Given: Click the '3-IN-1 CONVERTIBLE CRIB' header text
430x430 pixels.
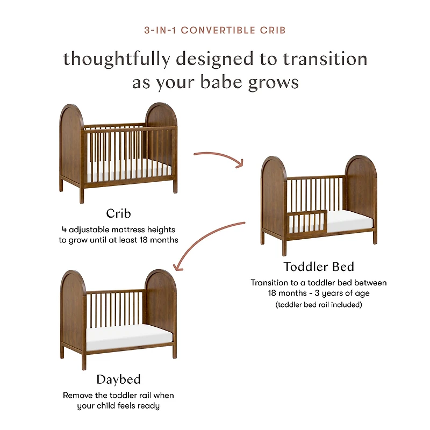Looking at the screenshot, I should pos(215,30).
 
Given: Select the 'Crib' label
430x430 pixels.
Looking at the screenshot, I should pos(118,213).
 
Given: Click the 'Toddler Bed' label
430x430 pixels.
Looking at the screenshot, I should pos(319,267).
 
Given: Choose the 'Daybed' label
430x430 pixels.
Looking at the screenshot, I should pos(118,379).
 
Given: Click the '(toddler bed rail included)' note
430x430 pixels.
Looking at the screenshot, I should pos(319,305).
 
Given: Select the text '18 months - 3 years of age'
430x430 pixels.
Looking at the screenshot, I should pos(319,293).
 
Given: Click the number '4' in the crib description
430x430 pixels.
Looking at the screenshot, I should pos(63,230).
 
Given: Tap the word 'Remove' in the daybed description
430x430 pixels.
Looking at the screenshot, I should pos(78,395).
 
